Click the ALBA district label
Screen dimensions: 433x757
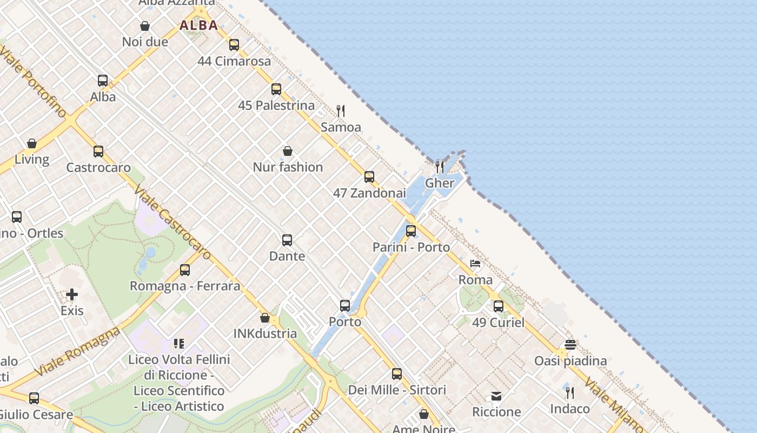tap(199, 25)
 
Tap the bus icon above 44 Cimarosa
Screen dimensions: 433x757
tap(234, 45)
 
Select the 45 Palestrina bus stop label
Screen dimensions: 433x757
tap(276, 105)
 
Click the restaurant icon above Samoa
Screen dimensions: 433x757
tap(341, 111)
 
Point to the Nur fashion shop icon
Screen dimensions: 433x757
tap(288, 151)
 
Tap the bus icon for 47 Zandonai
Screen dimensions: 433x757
tap(369, 177)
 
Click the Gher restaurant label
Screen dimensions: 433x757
tap(440, 183)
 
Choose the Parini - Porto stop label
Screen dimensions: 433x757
tap(411, 247)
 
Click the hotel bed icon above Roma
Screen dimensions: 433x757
tap(475, 264)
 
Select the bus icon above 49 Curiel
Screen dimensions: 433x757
tap(499, 306)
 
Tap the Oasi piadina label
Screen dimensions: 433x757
tap(570, 361)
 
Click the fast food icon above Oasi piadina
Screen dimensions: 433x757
tap(570, 345)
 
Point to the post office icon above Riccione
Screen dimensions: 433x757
tap(496, 396)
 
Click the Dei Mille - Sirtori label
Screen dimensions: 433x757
tap(397, 390)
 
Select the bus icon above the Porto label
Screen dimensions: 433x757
tap(345, 306)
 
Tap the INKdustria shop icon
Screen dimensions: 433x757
tap(265, 318)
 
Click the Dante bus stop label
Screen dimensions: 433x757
tap(287, 256)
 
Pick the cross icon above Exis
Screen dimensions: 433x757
tap(72, 294)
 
